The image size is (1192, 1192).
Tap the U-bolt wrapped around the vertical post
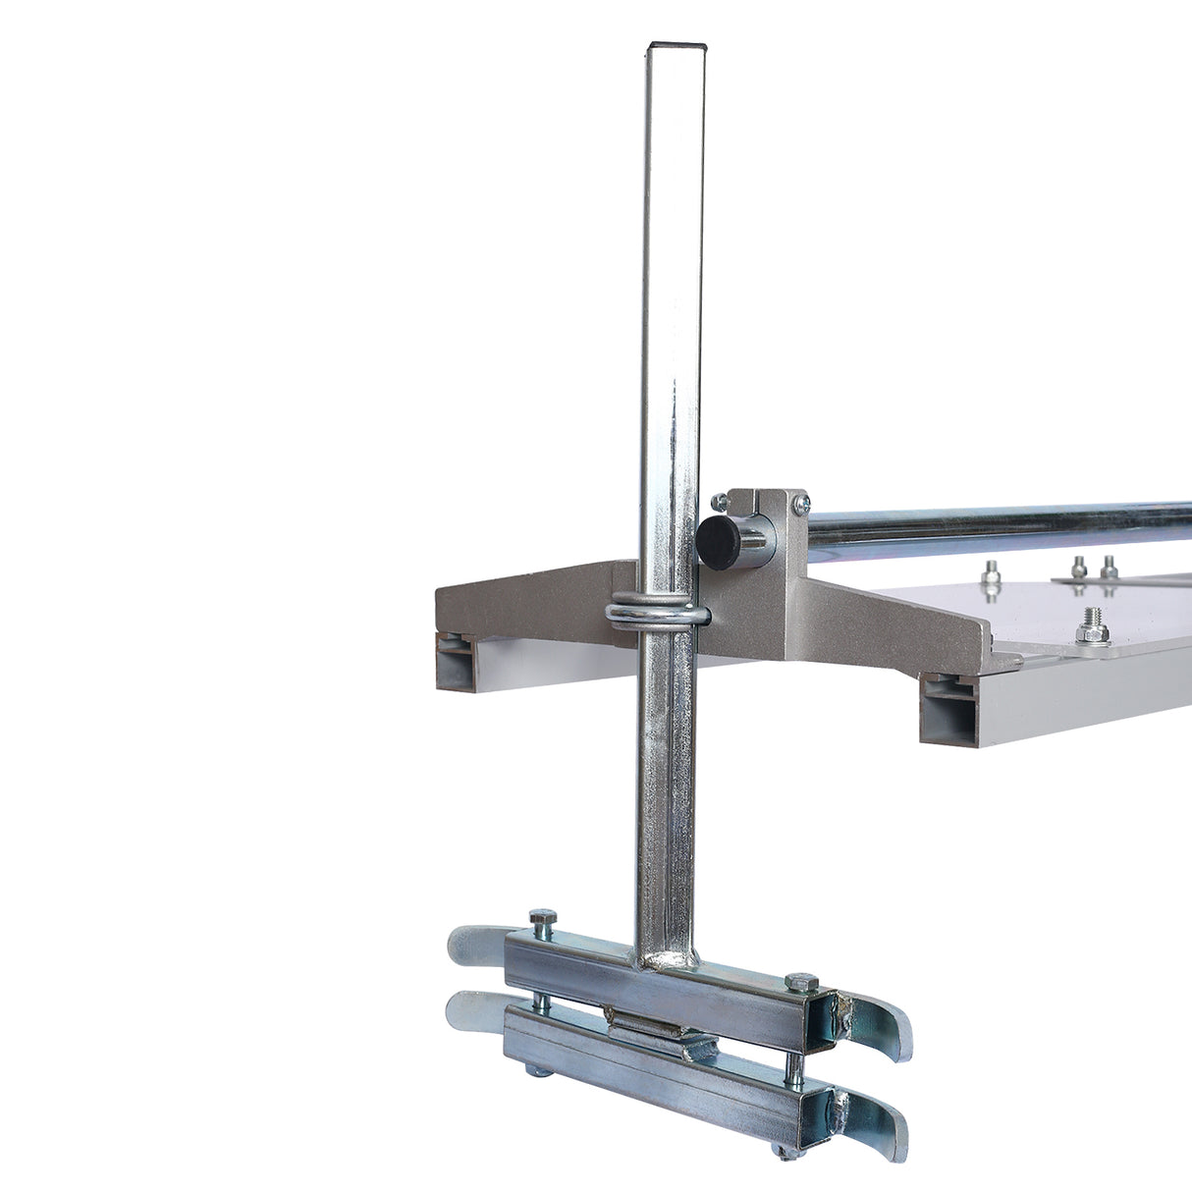(657, 614)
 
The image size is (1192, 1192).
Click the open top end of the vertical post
(677, 46)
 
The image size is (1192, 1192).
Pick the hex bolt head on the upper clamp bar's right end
(799, 982)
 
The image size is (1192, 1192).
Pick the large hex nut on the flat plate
(1091, 623)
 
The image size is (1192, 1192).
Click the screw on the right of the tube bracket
(799, 502)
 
